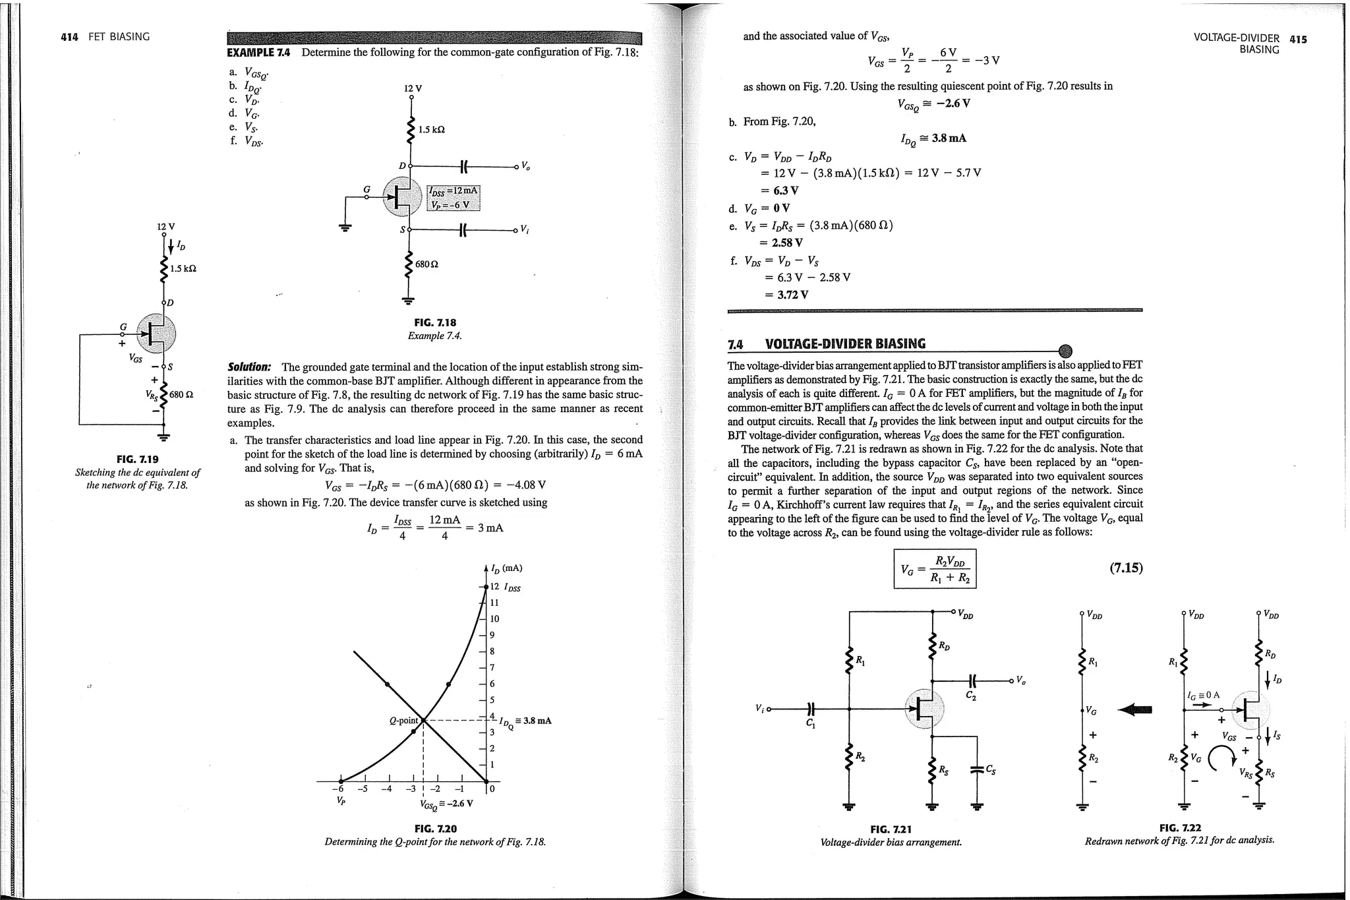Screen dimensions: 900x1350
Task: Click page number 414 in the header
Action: [69, 37]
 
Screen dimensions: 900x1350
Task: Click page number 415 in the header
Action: [1298, 39]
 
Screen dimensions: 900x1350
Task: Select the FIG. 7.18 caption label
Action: [434, 322]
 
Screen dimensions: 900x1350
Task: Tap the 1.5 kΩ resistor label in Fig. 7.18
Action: [432, 130]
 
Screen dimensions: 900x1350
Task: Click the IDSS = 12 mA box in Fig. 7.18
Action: [454, 191]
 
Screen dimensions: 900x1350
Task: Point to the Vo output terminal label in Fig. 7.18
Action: [525, 165]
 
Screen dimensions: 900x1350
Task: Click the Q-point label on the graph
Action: [404, 720]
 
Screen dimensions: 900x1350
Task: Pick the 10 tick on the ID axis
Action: [494, 618]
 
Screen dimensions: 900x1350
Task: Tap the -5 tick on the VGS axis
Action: [362, 789]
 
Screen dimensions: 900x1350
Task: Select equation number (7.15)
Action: [1125, 568]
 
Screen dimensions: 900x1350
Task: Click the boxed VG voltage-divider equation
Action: [934, 569]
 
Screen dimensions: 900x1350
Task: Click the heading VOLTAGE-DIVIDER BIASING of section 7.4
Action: [845, 344]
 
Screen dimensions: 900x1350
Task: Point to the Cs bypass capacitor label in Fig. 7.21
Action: [991, 769]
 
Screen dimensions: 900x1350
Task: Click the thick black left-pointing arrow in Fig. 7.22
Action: [1136, 709]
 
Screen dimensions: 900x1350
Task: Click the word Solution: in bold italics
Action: [249, 367]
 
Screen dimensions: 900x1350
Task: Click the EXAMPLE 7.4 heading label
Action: [258, 52]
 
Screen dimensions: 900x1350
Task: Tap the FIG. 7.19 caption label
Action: [137, 459]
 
